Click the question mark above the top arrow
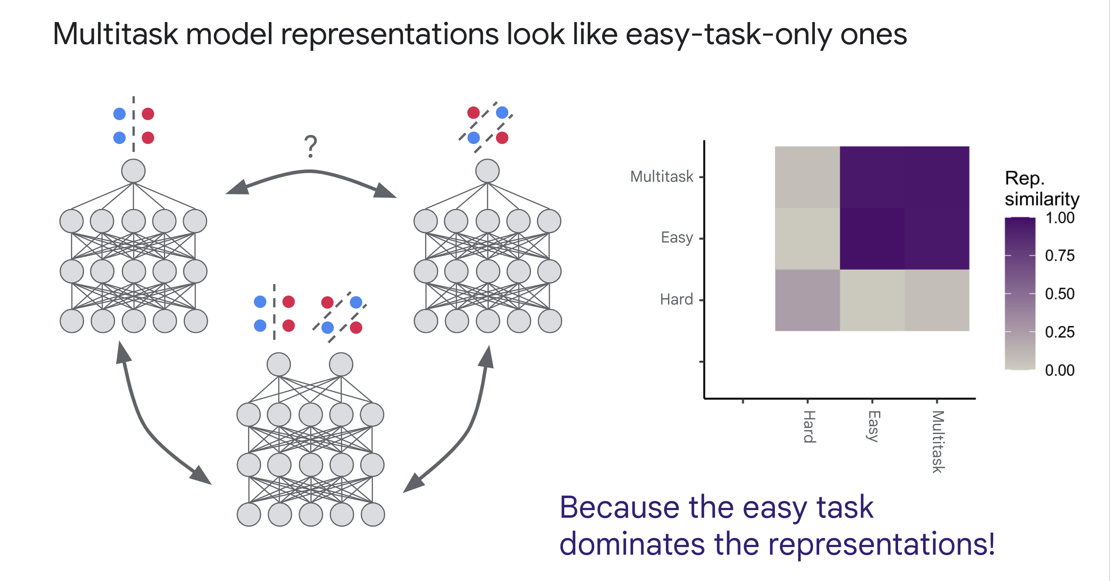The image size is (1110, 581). coord(310,146)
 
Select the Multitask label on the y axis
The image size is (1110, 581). coord(662,177)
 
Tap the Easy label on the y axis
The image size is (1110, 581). coord(676,238)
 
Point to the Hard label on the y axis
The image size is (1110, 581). coord(676,299)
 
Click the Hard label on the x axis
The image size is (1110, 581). coord(809,427)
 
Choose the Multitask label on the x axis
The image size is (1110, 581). coord(938,442)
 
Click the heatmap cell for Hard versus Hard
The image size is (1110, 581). coord(808,300)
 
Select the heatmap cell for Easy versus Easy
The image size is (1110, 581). coord(872,238)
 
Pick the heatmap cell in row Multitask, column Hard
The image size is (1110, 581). coord(808,177)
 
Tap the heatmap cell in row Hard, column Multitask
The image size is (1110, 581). coord(937,300)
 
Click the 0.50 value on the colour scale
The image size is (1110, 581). coord(1059,294)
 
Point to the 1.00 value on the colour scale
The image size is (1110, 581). coord(1059,217)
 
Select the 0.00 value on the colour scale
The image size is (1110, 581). coord(1059,370)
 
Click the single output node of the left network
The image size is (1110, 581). coord(133,171)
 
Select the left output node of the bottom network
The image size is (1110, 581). coord(279,365)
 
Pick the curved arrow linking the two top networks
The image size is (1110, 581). coord(310,172)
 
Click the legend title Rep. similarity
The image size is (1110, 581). coord(1042,188)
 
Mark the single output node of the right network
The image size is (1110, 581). coord(487,171)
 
